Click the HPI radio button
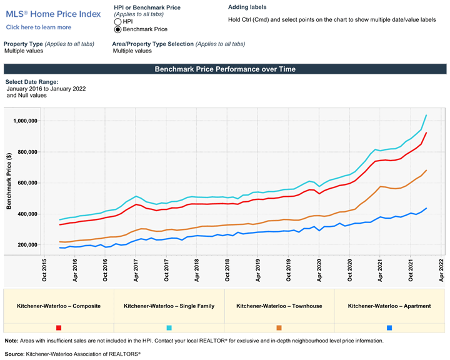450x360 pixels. tap(117, 21)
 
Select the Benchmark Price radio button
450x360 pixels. tap(117, 29)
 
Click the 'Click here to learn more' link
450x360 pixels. tap(39, 27)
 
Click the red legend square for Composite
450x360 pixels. tap(59, 327)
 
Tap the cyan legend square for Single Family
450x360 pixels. tap(169, 327)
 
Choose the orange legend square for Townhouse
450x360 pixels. tap(279, 327)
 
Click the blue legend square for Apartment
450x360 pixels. tap(389, 327)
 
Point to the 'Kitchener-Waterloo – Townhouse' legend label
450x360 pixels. tap(279, 306)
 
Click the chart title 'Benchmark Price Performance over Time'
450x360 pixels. tap(225, 69)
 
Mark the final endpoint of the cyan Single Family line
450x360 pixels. tap(426, 115)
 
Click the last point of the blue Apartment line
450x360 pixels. tap(426, 208)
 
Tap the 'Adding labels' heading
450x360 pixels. tap(247, 7)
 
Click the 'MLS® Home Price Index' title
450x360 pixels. tap(53, 14)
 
